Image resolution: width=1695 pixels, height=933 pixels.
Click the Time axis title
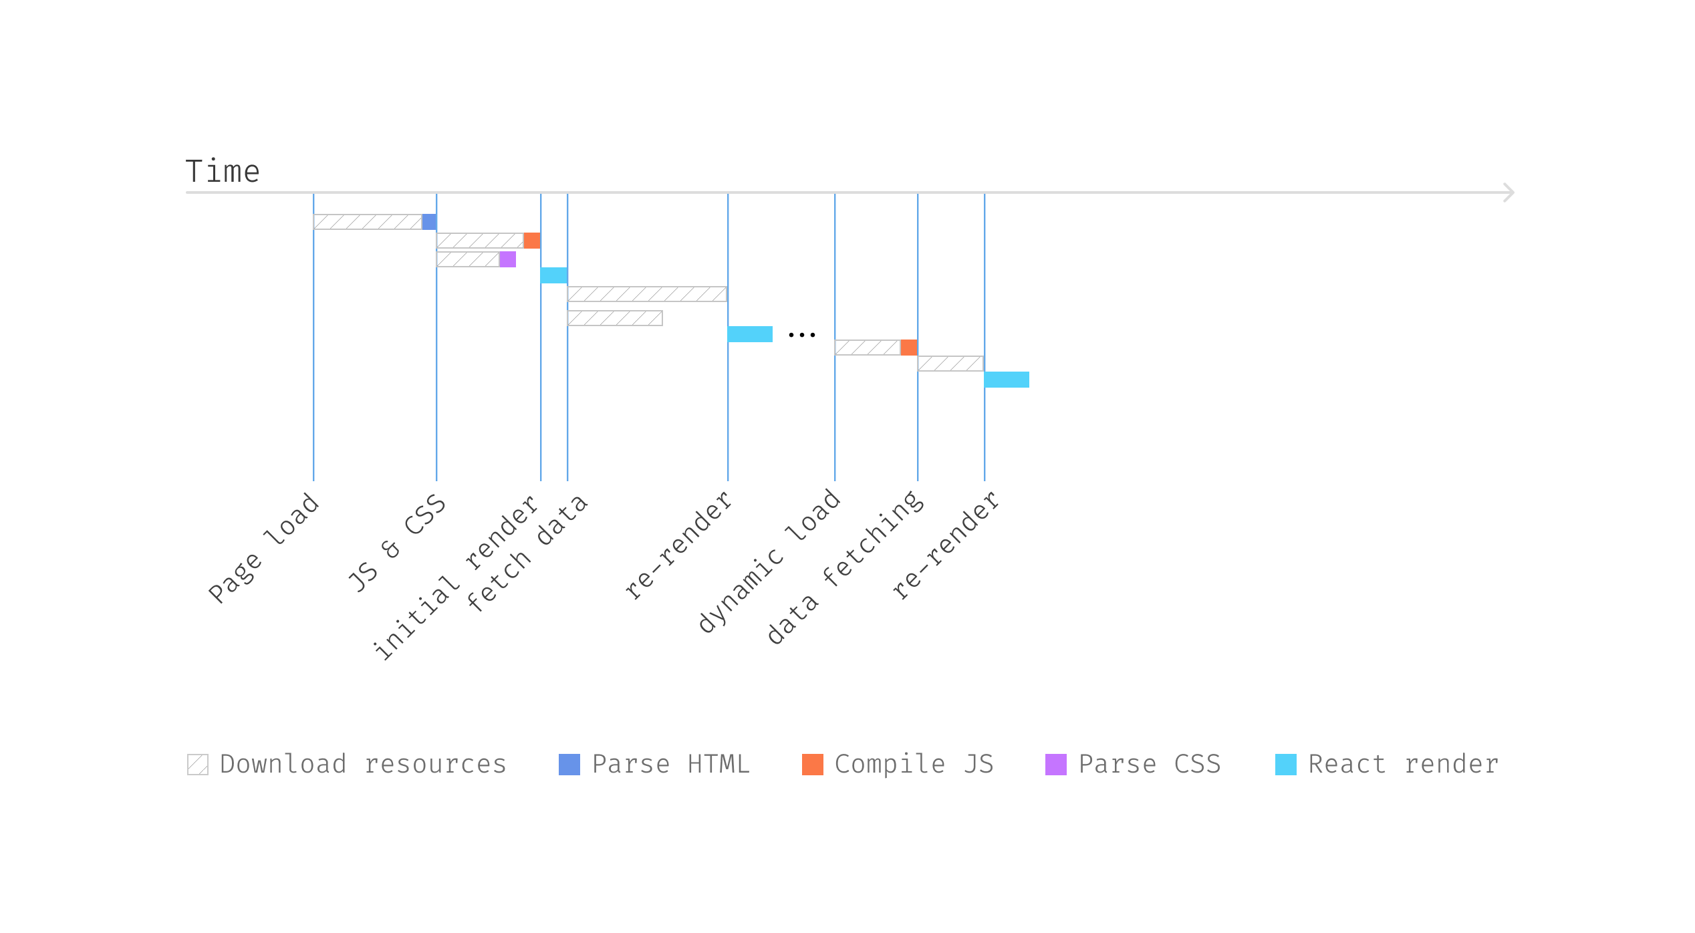coord(222,172)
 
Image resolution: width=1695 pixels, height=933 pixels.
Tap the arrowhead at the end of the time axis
coord(1509,192)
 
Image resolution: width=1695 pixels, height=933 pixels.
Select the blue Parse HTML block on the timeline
coord(429,222)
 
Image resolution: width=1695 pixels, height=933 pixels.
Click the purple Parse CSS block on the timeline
coord(507,259)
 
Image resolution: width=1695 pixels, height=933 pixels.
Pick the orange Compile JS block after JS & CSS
coord(531,241)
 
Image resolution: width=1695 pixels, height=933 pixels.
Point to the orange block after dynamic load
coord(908,348)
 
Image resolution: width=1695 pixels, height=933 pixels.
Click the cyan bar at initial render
coord(554,275)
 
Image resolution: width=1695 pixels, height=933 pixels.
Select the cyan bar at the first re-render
coord(750,334)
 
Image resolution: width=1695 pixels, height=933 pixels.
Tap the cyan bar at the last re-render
coord(1007,380)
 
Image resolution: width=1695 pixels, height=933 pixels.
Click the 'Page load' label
coord(264,548)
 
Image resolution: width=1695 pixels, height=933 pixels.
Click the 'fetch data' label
coord(527,553)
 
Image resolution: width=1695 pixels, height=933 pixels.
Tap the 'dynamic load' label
coord(769,561)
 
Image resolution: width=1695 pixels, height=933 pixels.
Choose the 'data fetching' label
coord(845,568)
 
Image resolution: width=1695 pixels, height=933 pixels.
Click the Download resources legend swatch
coord(198,765)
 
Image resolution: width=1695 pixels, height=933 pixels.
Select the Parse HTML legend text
coord(670,765)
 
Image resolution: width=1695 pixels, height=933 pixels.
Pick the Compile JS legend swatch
coord(812,765)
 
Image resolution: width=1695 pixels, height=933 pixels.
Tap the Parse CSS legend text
coord(1149,765)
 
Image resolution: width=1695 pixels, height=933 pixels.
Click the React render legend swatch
coord(1285,765)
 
